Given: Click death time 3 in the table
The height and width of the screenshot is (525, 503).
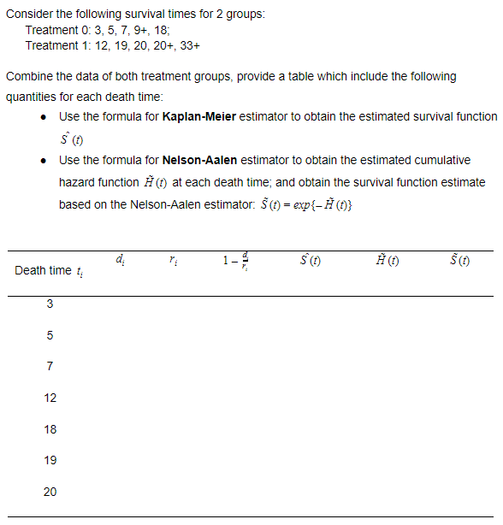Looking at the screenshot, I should click(50, 304).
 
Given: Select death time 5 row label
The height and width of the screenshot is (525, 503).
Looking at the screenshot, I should click(50, 335).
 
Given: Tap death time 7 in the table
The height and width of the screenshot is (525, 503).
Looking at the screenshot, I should click(50, 367).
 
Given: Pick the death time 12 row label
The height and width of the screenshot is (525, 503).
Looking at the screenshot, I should click(50, 398).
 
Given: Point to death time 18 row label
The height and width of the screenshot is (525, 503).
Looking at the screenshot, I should click(50, 429).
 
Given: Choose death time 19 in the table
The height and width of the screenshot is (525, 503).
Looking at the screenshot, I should click(50, 460).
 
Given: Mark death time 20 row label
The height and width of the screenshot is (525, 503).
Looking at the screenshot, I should click(50, 492).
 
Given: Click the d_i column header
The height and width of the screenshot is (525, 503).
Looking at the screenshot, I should click(119, 259).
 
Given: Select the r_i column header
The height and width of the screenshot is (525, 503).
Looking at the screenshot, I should click(174, 259).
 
